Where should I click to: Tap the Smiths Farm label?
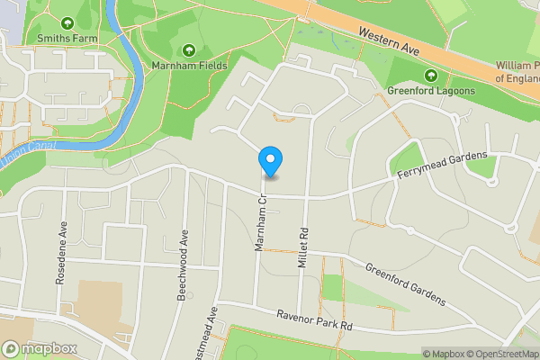point(67,39)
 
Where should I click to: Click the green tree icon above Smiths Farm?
point(67,22)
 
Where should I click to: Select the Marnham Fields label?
point(189,65)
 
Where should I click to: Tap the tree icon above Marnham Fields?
point(189,49)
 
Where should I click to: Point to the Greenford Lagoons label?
point(430,90)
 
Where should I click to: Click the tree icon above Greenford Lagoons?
point(430,75)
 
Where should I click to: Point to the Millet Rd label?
point(303,240)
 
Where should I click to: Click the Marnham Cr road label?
point(259,227)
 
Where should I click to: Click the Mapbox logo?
point(40,348)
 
